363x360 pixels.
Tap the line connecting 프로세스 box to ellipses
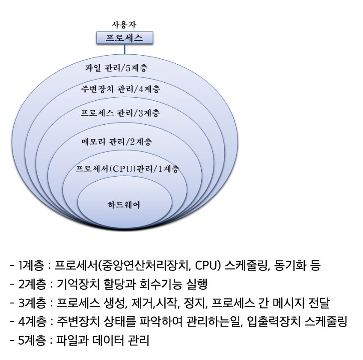pyautogui.click(x=125, y=49)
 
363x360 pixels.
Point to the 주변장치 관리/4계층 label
pyautogui.click(x=120, y=90)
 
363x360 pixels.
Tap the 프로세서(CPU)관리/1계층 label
pyautogui.click(x=127, y=168)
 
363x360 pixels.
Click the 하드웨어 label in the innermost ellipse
pyautogui.click(x=124, y=205)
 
